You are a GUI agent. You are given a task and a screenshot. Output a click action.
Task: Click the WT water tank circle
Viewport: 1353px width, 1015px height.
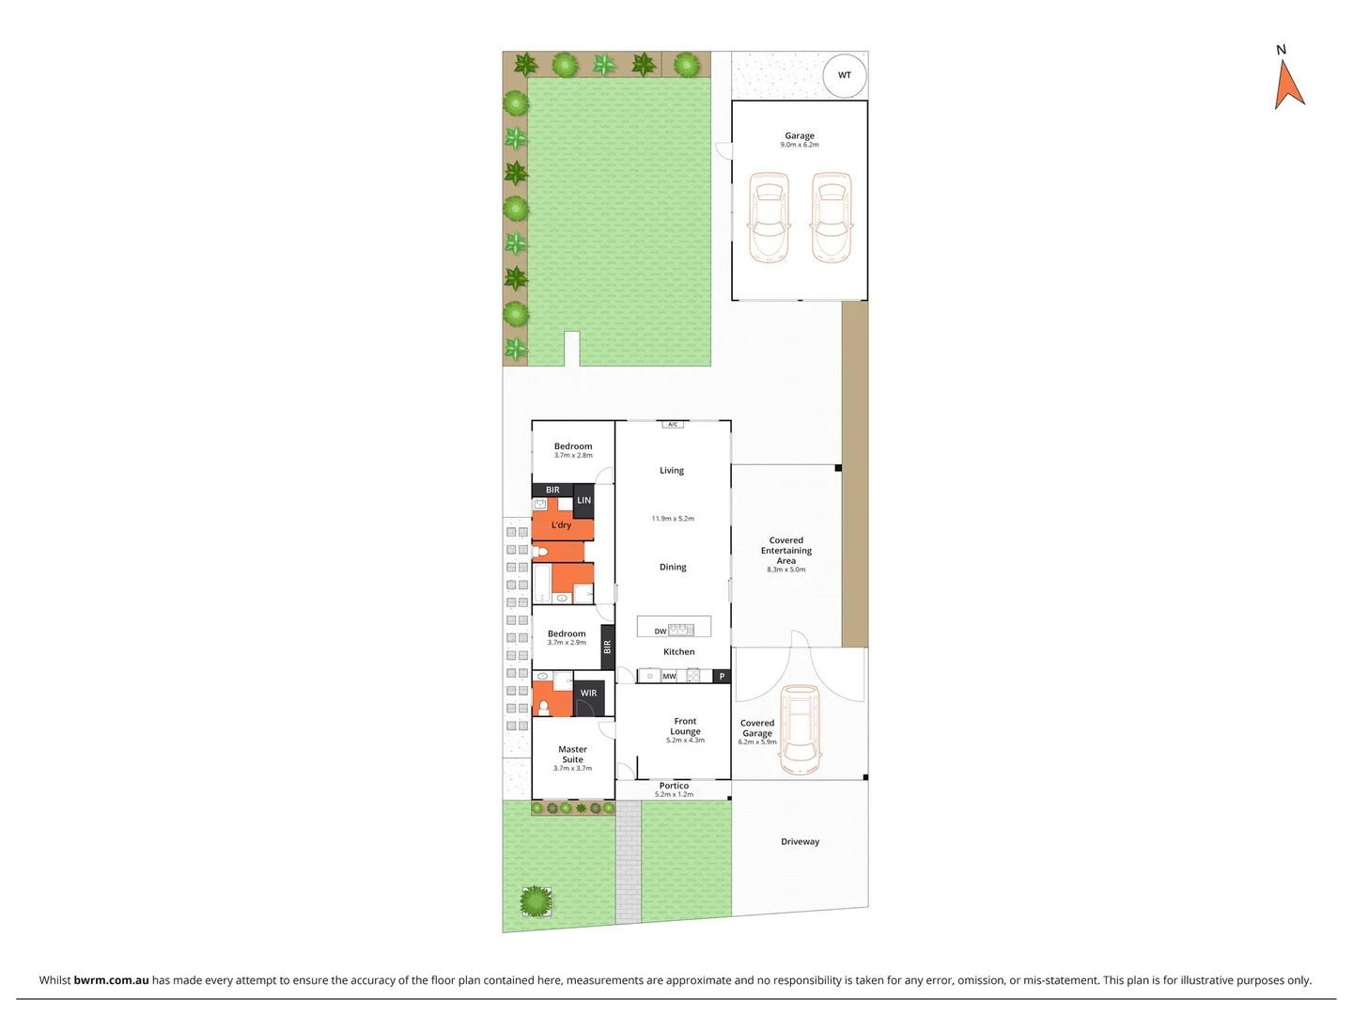(x=845, y=75)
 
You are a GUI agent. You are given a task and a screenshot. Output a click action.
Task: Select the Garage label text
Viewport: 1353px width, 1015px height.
(x=800, y=136)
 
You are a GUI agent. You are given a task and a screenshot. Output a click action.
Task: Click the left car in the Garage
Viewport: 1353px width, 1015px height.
(x=769, y=217)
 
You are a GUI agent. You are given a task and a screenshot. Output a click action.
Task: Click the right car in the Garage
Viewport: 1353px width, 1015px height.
(x=832, y=217)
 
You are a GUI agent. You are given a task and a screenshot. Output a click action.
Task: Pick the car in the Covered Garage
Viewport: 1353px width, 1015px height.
(x=799, y=728)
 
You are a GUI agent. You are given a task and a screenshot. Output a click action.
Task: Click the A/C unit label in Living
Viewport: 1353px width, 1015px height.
(x=673, y=425)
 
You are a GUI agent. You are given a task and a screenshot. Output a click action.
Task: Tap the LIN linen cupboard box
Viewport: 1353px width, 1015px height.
(x=583, y=501)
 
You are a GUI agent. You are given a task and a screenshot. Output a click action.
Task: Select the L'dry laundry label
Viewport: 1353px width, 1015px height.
(x=561, y=525)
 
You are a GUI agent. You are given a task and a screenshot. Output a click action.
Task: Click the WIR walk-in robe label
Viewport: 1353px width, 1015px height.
(x=588, y=694)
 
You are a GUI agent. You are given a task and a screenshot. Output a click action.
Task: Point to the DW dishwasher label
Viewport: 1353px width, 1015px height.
(x=661, y=632)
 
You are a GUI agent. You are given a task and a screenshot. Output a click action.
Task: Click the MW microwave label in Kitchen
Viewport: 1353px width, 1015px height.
(x=669, y=677)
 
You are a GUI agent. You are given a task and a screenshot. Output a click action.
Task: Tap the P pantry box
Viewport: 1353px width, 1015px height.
(x=722, y=677)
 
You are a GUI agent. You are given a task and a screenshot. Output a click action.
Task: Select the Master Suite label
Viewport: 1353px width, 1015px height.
(x=572, y=755)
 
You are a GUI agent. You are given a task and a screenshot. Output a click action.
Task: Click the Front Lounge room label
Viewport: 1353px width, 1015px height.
(x=685, y=726)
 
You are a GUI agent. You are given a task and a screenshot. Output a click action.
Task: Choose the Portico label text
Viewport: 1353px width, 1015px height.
(x=674, y=786)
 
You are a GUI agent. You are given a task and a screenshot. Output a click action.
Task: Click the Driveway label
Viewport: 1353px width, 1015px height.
(x=800, y=842)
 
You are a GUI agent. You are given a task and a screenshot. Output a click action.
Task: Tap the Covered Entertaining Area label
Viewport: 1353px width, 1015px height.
(x=786, y=551)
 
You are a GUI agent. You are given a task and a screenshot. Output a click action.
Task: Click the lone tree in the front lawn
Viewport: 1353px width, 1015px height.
(x=536, y=901)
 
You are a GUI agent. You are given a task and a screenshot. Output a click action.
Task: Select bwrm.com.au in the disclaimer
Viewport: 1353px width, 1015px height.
(x=111, y=980)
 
